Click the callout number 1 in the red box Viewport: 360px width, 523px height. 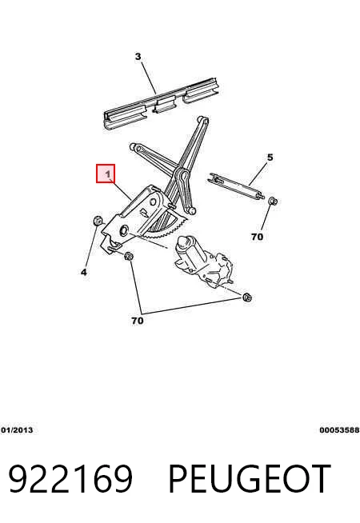click(108, 174)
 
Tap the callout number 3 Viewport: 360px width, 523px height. click(138, 57)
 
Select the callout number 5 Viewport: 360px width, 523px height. click(270, 157)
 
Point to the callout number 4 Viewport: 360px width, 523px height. click(84, 272)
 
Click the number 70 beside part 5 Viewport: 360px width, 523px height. click(257, 237)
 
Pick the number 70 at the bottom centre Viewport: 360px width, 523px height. click(137, 321)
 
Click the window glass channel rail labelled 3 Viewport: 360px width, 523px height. click(162, 103)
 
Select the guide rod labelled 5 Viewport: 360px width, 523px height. click(235, 186)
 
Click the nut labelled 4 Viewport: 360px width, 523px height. click(98, 221)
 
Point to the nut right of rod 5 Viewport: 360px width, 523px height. click(273, 202)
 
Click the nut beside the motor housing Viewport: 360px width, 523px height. click(247, 297)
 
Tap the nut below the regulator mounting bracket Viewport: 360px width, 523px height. click(129, 257)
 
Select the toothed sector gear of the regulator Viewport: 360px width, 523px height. click(167, 227)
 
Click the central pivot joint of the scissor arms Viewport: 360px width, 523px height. click(182, 175)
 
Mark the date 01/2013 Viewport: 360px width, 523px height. click(17, 430)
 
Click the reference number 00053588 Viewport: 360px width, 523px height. click(339, 430)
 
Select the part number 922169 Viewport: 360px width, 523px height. click(70, 479)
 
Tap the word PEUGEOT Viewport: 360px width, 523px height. click(250, 479)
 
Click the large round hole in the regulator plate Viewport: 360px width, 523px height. click(124, 230)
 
